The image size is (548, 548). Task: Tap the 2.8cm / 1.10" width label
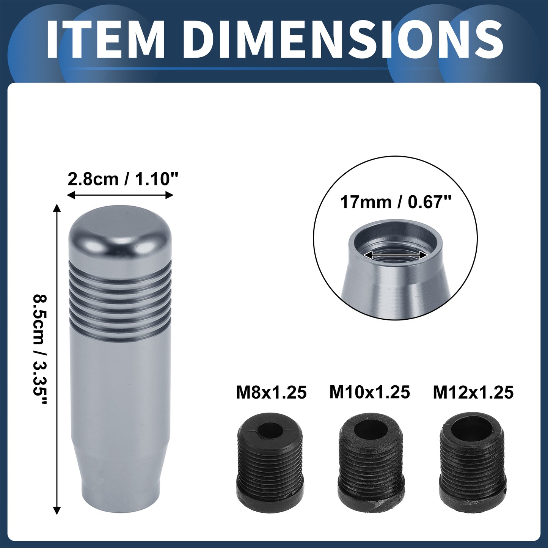click(x=122, y=179)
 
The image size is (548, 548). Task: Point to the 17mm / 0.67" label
click(x=395, y=203)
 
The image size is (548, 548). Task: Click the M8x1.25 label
click(x=271, y=393)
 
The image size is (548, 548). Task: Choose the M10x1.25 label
click(x=369, y=392)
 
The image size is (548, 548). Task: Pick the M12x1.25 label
click(x=473, y=393)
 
